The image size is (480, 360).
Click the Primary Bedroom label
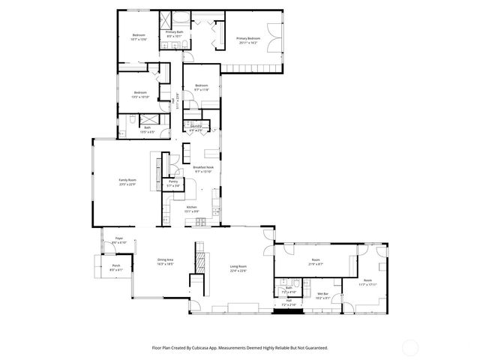click(248, 40)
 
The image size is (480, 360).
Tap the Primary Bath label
click(174, 34)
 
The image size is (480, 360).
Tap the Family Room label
click(127, 181)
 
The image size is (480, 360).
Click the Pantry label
click(172, 183)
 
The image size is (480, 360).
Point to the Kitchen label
click(191, 208)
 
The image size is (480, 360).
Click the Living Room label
click(238, 268)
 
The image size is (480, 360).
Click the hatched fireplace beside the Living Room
click(199, 262)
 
